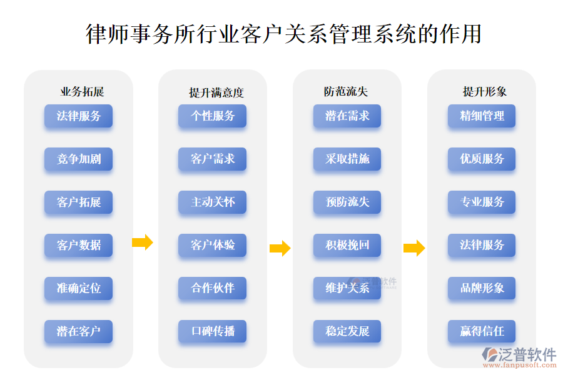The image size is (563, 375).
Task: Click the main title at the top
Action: tap(283, 34)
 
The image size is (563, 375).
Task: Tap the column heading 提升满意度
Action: tap(216, 92)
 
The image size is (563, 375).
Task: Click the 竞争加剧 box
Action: tap(79, 159)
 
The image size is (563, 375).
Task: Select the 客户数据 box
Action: tap(79, 246)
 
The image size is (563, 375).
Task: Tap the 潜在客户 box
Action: tap(79, 331)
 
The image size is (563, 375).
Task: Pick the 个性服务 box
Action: tap(213, 116)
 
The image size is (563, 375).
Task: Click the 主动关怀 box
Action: tap(213, 202)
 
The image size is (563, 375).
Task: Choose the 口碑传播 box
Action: tap(213, 331)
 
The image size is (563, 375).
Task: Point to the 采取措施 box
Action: tap(347, 159)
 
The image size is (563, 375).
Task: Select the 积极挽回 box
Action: tap(347, 246)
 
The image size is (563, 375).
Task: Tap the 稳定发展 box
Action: tap(347, 331)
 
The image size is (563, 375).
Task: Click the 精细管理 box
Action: tap(482, 116)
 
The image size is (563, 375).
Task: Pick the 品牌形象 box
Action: tap(482, 289)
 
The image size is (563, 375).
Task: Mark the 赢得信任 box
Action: tap(482, 331)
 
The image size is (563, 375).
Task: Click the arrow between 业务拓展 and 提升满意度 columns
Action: tap(143, 242)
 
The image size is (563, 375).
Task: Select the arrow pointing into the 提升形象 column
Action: tap(414, 248)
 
